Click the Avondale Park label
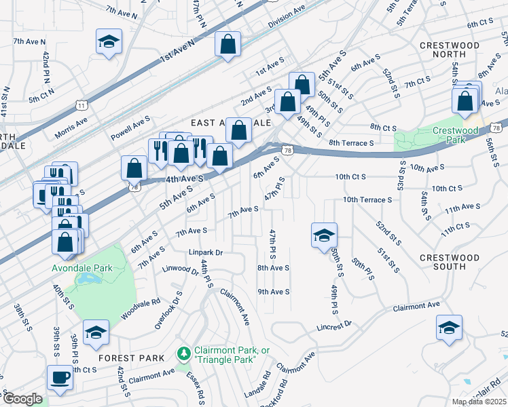pos(82,268)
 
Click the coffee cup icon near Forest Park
pos(60,379)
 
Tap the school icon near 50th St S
pos(324,235)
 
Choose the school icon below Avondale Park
pos(95,332)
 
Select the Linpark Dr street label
pos(206,253)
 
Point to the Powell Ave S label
pos(130,121)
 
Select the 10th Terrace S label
pos(367,199)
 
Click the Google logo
pos(22,399)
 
